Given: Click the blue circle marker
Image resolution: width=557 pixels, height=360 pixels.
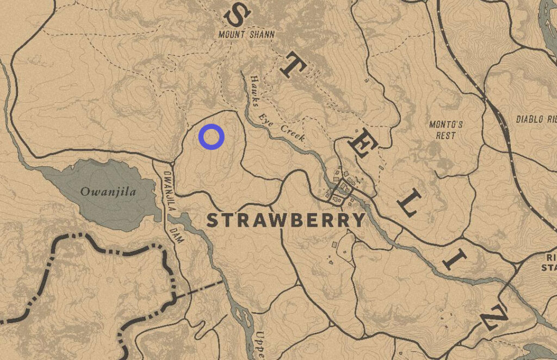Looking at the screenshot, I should [211, 136].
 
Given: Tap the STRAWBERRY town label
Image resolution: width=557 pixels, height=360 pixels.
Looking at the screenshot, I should [286, 220].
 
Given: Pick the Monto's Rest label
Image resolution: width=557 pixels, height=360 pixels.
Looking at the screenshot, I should [446, 129].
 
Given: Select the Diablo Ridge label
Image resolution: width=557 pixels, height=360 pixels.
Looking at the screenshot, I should [536, 119].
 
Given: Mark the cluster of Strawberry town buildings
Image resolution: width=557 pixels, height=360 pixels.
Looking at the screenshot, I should [340, 188].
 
